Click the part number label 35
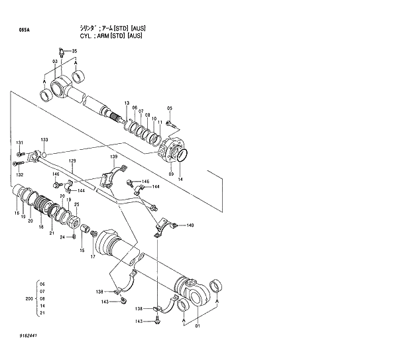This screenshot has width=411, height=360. [74, 51]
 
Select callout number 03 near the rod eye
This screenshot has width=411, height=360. [54, 61]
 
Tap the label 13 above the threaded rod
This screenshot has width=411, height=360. [126, 102]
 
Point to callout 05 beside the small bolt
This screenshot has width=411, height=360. [169, 108]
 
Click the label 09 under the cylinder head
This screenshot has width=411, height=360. [171, 174]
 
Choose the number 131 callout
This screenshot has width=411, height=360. [20, 143]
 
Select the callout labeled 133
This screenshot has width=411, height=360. [44, 139]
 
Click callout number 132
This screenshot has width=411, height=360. [20, 174]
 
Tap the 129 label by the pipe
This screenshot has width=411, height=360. [72, 160]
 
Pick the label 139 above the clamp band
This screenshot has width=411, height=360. [113, 156]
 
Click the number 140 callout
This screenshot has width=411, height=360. [190, 225]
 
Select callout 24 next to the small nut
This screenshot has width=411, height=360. [62, 237]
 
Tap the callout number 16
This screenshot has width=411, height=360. [17, 213]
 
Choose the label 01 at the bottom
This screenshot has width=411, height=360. [196, 326]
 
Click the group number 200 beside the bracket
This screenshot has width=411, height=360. [29, 299]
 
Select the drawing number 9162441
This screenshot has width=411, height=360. [29, 336]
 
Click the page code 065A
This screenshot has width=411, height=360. [24, 30]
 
